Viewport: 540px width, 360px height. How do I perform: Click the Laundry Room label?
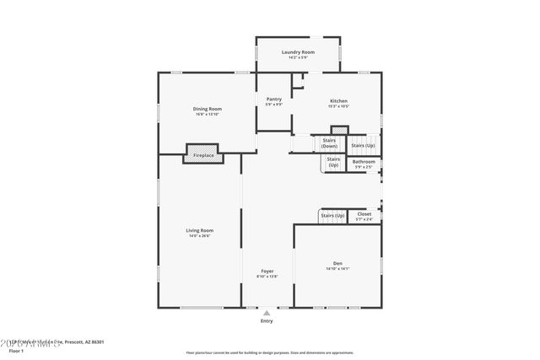tap(297, 52)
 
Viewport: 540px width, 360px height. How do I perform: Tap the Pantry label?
tap(273, 99)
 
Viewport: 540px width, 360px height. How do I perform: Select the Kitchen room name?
tap(338, 100)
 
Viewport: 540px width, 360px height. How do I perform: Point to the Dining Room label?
tap(208, 109)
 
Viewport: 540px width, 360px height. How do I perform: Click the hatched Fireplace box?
tap(203, 155)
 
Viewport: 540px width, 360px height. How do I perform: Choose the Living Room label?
tap(200, 230)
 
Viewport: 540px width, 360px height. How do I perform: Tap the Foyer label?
tap(267, 271)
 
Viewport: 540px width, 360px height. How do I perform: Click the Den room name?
tap(337, 263)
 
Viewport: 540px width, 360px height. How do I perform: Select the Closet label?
tap(364, 214)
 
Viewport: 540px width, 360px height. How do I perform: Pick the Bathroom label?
tap(364, 161)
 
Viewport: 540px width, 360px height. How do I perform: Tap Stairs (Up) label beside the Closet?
tap(332, 216)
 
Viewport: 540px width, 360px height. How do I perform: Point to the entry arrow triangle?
tap(267, 312)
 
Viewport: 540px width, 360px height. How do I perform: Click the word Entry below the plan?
tap(267, 321)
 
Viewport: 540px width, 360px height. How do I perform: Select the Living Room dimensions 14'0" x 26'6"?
tap(200, 236)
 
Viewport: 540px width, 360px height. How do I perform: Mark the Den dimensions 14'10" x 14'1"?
tap(337, 269)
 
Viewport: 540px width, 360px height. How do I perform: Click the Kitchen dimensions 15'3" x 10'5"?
tap(338, 106)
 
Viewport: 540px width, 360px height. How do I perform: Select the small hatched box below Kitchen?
tap(339, 130)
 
